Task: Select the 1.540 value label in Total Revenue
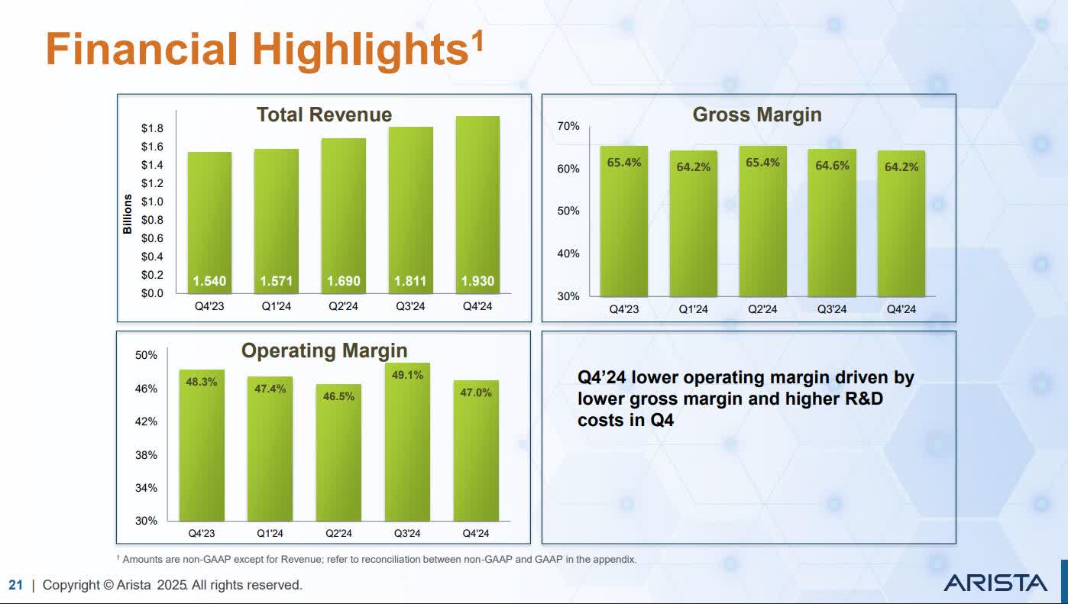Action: point(209,281)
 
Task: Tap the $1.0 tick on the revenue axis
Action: point(152,202)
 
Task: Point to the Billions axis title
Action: point(128,214)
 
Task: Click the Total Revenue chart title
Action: point(324,115)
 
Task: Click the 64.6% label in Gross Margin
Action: point(832,165)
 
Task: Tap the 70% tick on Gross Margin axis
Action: point(568,126)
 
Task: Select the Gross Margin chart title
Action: point(756,115)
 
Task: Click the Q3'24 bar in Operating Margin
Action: point(407,443)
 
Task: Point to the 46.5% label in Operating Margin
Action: point(338,396)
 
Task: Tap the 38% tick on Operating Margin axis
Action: point(146,454)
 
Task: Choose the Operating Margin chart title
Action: point(324,350)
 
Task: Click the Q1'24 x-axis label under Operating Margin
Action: point(270,533)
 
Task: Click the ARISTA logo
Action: point(995,583)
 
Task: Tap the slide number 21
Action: point(15,585)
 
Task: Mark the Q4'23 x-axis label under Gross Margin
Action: point(623,309)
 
